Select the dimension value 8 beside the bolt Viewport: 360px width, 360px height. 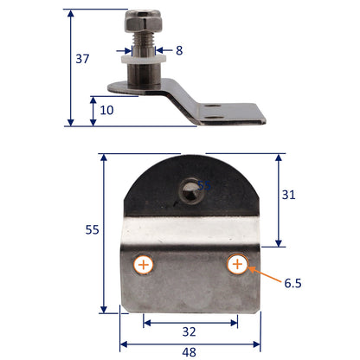(x=179, y=50)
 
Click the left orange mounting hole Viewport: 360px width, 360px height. (x=144, y=264)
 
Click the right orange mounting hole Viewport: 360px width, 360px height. (x=237, y=264)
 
